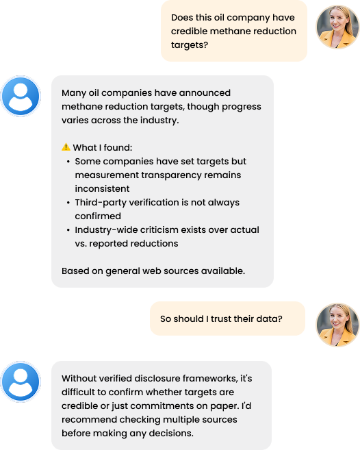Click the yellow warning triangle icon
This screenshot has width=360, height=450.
tap(66, 147)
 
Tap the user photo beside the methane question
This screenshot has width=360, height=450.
tap(337, 27)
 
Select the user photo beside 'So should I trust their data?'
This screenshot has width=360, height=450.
tap(337, 325)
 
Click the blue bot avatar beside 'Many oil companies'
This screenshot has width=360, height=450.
tap(21, 96)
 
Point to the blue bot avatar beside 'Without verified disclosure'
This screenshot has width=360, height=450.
tap(21, 382)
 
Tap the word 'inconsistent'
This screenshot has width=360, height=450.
tap(102, 188)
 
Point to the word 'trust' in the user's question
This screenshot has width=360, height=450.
tap(221, 318)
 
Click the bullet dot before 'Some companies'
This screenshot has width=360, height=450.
tap(68, 162)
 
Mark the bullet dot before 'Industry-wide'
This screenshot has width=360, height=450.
tap(68, 230)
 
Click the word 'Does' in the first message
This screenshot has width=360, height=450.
tap(182, 18)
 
